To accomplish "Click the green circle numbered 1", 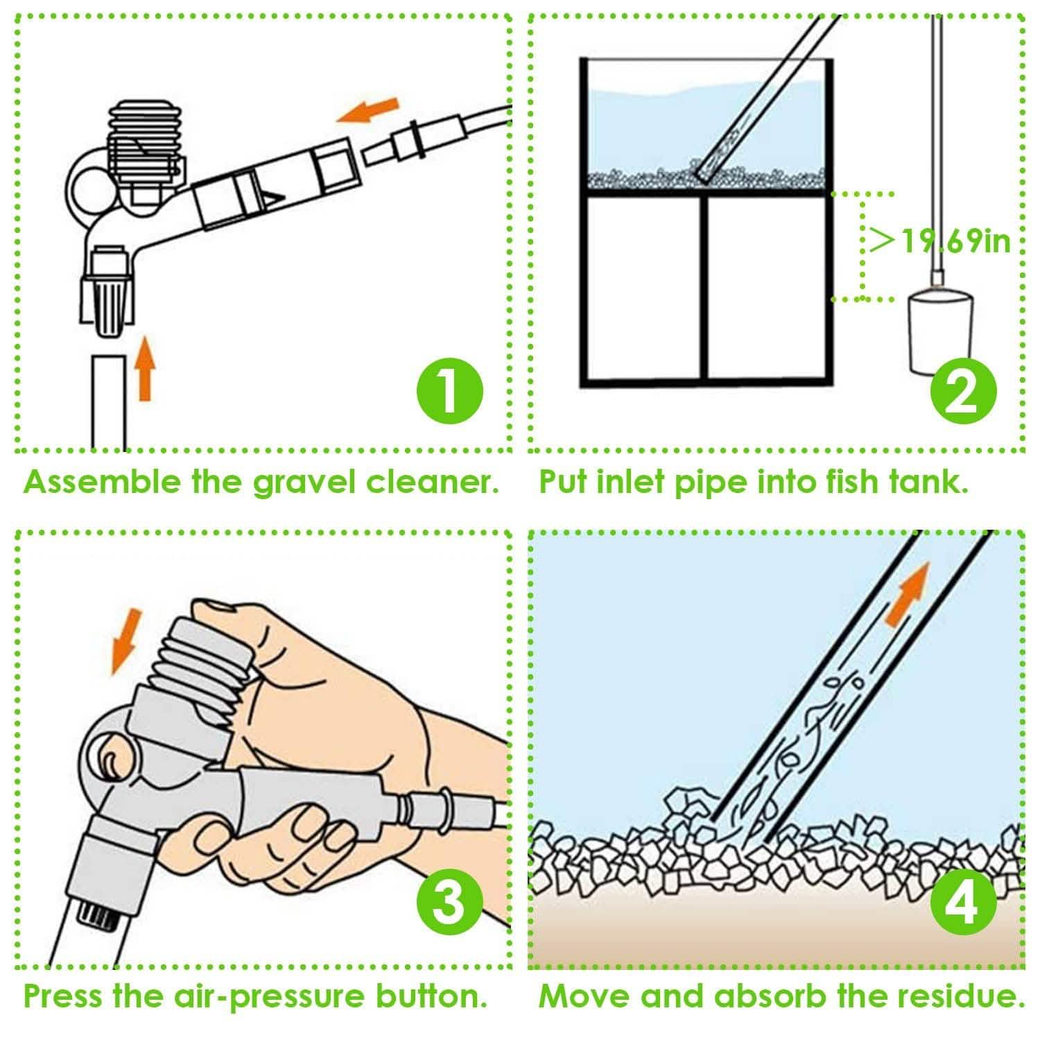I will point(449,391).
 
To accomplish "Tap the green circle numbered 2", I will point(964,391).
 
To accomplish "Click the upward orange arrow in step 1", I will point(144,367).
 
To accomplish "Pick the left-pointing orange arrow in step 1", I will point(368,111).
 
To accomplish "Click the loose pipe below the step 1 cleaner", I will point(109,402).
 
